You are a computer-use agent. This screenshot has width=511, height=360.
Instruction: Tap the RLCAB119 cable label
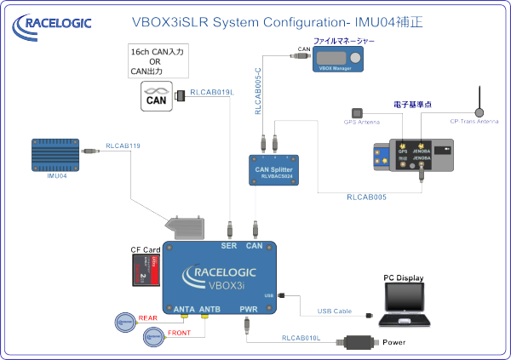pyautogui.click(x=123, y=146)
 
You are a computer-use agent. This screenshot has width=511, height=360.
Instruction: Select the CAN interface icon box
pyautogui.click(x=157, y=96)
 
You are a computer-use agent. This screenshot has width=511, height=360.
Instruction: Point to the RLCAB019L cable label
pyautogui.click(x=212, y=92)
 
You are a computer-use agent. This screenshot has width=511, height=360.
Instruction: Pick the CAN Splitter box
pyautogui.click(x=274, y=172)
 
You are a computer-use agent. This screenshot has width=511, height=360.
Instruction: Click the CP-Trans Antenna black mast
pyautogui.click(x=479, y=100)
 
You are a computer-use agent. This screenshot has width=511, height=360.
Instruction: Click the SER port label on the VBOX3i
pyautogui.click(x=229, y=246)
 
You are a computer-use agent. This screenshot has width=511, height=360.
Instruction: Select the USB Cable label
pyautogui.click(x=335, y=312)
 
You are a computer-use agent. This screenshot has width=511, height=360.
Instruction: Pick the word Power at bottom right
pyautogui.click(x=405, y=343)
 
